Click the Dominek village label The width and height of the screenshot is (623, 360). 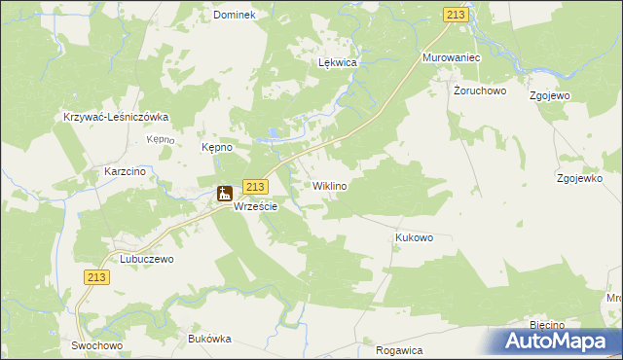(234, 16)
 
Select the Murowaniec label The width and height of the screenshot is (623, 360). (453, 58)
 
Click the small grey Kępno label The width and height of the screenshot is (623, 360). (160, 139)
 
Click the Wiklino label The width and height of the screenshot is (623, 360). (330, 185)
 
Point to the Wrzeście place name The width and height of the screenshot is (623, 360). (256, 207)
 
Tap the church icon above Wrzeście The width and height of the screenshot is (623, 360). (225, 193)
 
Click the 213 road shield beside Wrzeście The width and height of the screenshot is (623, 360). (255, 187)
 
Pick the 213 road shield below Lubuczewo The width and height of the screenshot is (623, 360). (95, 277)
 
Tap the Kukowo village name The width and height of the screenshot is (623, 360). (414, 237)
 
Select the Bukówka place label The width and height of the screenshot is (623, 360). (209, 339)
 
